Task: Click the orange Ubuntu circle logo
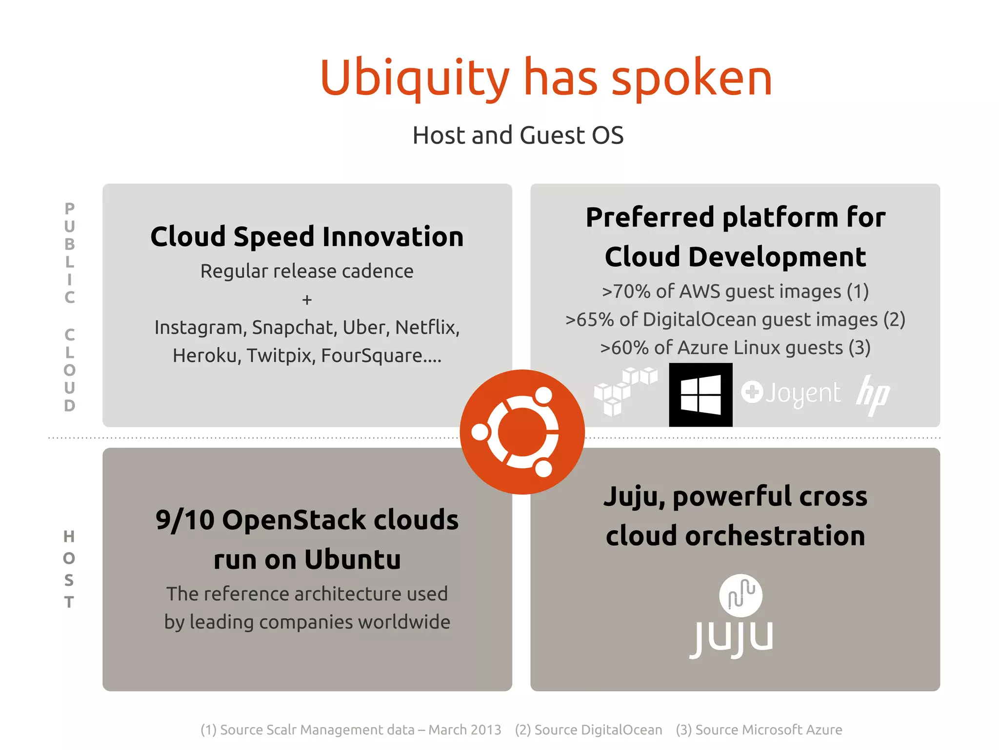(522, 432)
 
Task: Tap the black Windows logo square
(700, 395)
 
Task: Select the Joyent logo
(791, 393)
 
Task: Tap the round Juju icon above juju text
(740, 595)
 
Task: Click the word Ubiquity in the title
(415, 78)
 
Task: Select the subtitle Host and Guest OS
(518, 135)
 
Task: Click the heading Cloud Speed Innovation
(307, 237)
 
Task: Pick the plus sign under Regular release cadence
(307, 299)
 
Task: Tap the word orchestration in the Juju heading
(775, 536)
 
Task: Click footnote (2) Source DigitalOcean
(588, 729)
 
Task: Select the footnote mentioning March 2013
(351, 729)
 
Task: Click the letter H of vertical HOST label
(69, 537)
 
